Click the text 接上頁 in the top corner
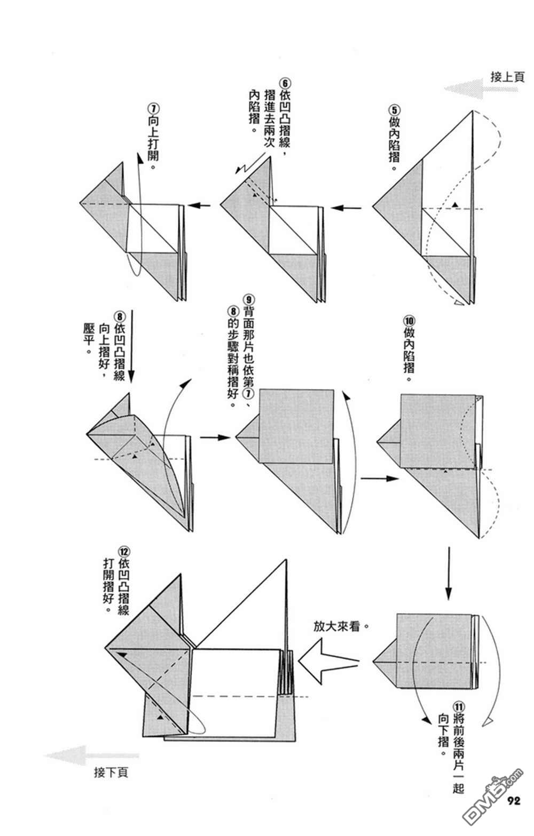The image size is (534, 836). [507, 77]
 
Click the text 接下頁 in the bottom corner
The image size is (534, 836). [111, 772]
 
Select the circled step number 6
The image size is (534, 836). [285, 84]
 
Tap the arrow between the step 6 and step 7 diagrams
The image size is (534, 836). [201, 205]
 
